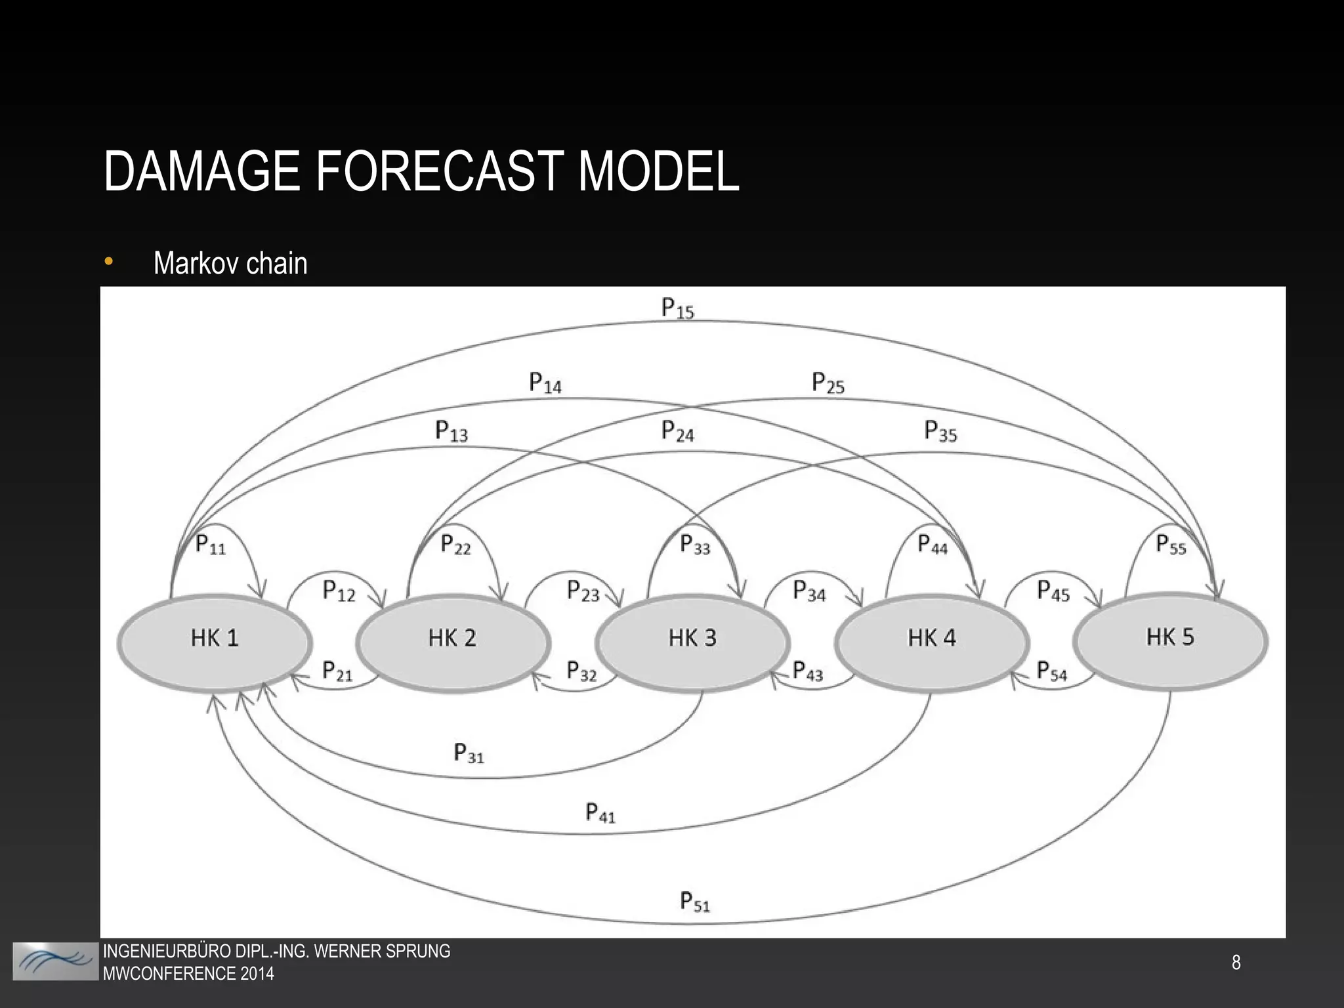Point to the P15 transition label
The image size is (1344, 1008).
point(677,308)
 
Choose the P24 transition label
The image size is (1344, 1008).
point(677,432)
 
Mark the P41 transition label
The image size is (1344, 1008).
point(600,813)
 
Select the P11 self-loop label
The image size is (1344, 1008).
point(211,545)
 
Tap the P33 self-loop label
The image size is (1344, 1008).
point(695,545)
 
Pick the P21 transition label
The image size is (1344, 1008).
point(337,671)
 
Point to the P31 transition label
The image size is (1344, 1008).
point(469,753)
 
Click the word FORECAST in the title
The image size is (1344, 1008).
point(439,172)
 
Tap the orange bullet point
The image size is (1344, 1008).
point(108,262)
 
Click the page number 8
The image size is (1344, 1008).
point(1236,963)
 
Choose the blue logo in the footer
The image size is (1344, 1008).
point(56,961)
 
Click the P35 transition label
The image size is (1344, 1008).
point(940,432)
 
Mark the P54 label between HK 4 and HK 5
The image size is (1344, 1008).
point(1051,671)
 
